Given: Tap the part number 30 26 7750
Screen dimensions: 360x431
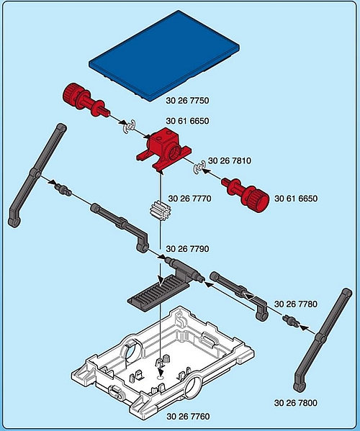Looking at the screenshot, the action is pyautogui.click(x=187, y=101).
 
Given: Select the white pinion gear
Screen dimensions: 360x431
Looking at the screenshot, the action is pyautogui.click(x=157, y=212).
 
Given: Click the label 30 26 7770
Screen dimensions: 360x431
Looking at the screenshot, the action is pyautogui.click(x=189, y=199).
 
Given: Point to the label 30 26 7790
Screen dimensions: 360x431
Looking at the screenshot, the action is pyautogui.click(x=187, y=249).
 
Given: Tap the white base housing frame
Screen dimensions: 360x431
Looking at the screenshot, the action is pyautogui.click(x=162, y=363).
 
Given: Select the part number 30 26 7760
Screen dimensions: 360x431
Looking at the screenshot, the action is pyautogui.click(x=188, y=417).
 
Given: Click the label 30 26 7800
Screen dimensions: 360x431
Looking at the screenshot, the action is pyautogui.click(x=296, y=403).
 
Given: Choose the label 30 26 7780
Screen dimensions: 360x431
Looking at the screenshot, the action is pyautogui.click(x=296, y=304).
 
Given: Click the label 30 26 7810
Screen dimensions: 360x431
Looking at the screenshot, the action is pyautogui.click(x=230, y=160).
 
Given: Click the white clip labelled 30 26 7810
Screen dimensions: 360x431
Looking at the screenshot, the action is pyautogui.click(x=199, y=168).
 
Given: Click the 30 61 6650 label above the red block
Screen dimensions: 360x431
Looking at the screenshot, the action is pyautogui.click(x=187, y=121).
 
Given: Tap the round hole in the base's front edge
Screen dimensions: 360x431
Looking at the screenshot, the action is pyautogui.click(x=194, y=387).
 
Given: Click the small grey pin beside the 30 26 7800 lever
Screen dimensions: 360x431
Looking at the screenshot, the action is pyautogui.click(x=290, y=321).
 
